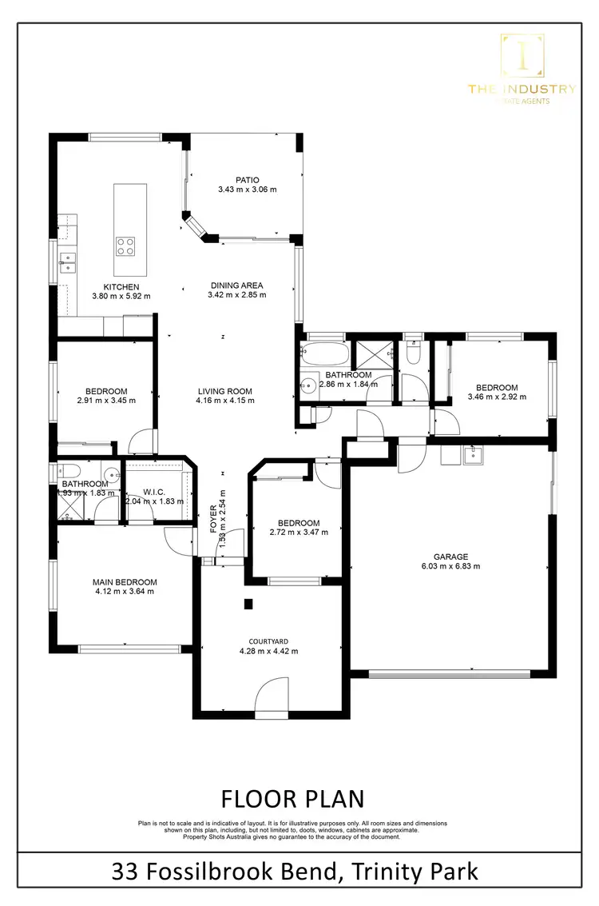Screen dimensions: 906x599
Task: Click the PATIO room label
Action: pos(248,180)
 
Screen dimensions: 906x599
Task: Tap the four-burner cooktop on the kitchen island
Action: pos(125,245)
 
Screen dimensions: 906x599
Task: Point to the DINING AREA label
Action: pos(236,285)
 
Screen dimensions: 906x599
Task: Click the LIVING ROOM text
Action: pos(225,392)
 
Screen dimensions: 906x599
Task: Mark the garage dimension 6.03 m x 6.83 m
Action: pos(451,566)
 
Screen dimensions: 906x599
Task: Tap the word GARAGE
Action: pos(451,557)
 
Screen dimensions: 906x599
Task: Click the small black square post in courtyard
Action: pos(248,605)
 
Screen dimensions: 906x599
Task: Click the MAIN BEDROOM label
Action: pos(124,582)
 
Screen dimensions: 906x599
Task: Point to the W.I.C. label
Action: pos(153,492)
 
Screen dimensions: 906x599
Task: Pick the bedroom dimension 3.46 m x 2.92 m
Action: pos(496,397)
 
